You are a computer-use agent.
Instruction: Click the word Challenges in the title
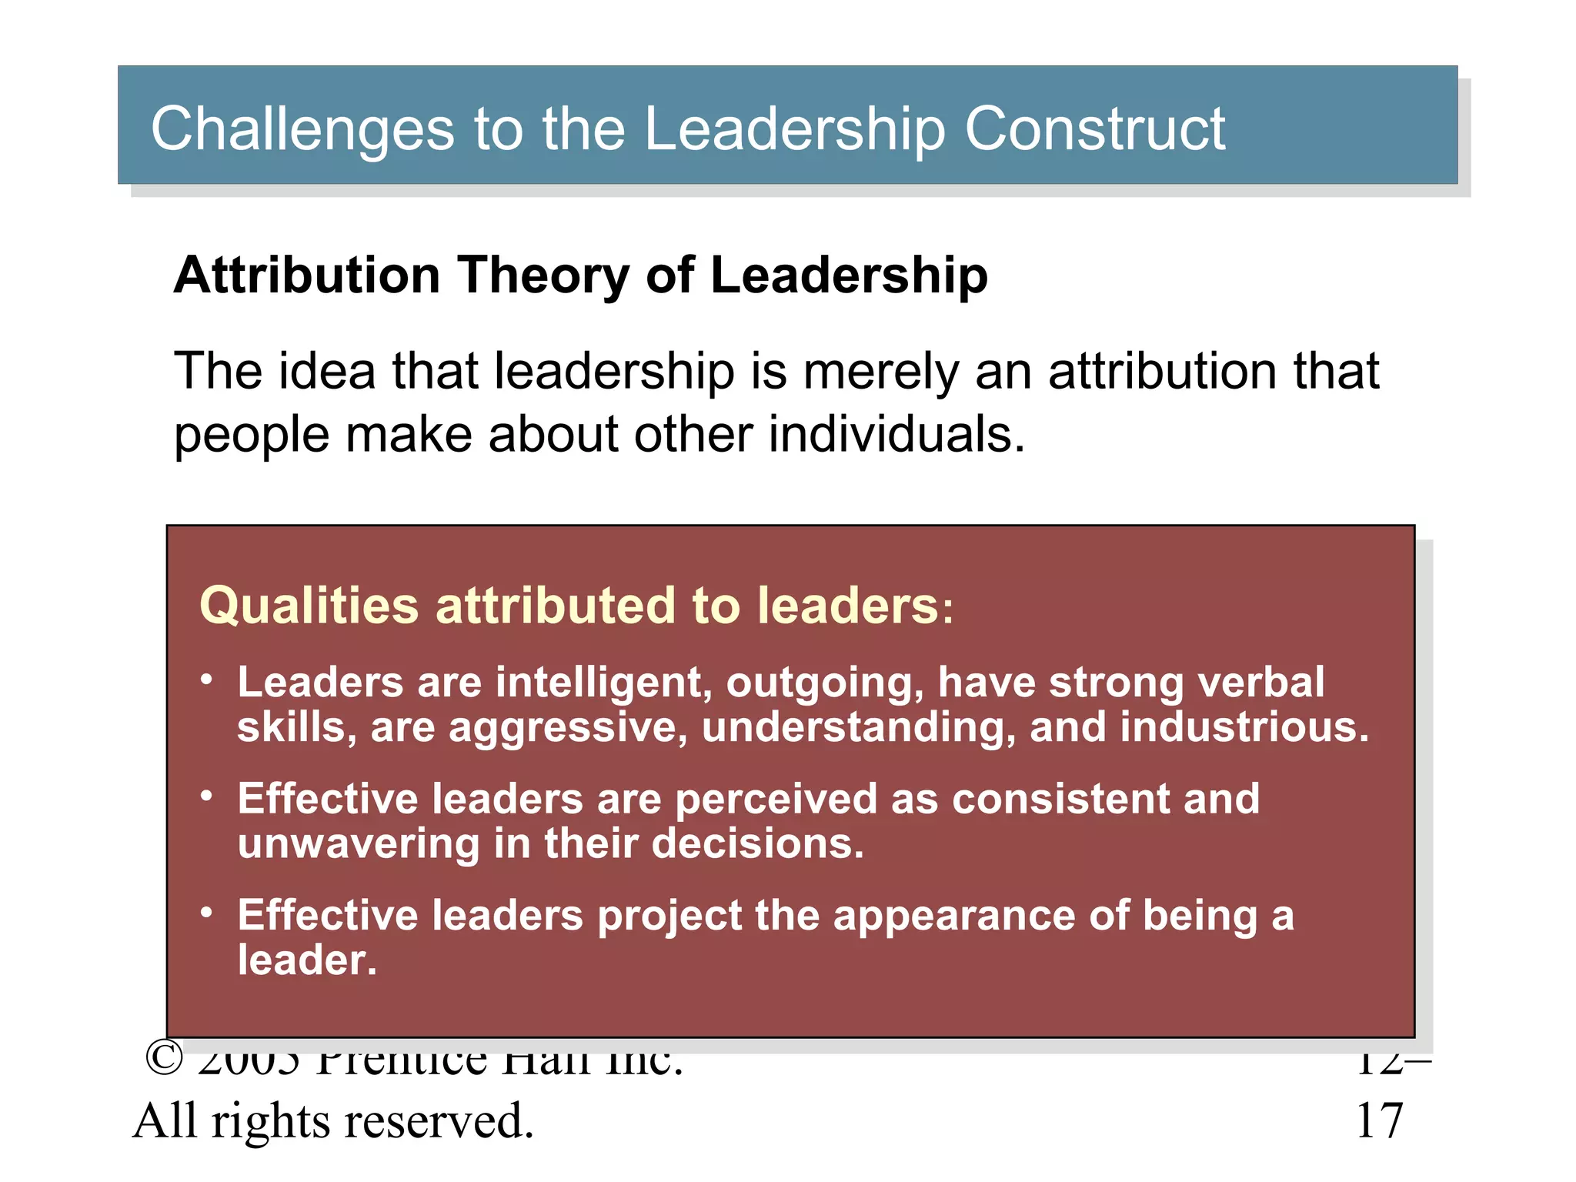[x=302, y=129]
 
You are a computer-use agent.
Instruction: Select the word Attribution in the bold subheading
[x=306, y=275]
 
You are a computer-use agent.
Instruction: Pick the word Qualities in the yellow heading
[x=309, y=606]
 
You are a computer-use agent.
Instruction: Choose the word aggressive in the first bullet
[x=567, y=728]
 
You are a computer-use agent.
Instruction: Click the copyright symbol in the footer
[x=164, y=1059]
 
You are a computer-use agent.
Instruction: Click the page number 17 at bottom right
[x=1380, y=1120]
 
